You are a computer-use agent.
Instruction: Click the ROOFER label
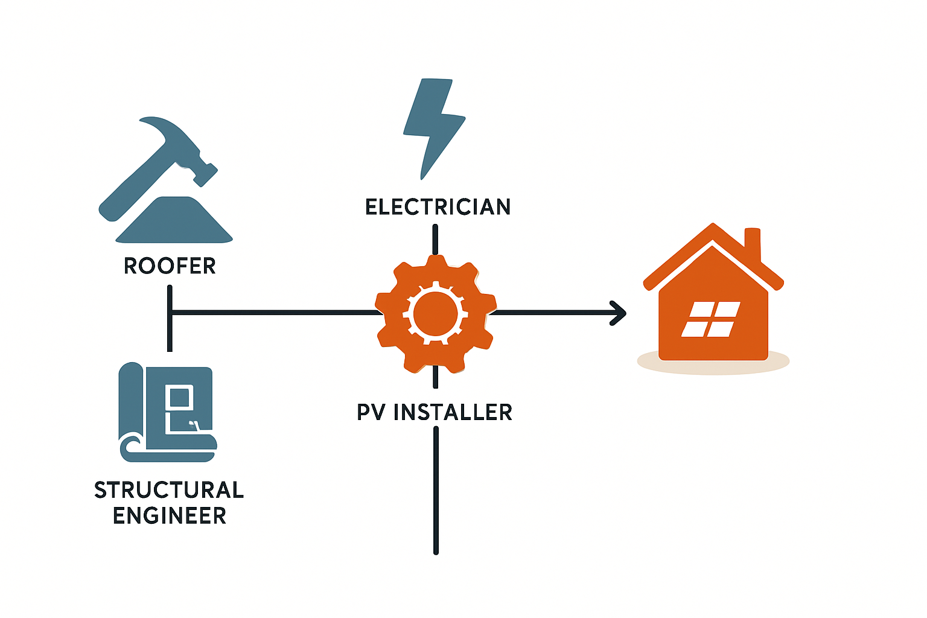pos(170,266)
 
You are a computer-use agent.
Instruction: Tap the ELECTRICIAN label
pos(438,207)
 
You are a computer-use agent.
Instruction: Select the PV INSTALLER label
pos(435,412)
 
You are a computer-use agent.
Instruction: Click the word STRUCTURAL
pos(169,490)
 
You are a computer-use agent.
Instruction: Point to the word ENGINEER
pos(170,516)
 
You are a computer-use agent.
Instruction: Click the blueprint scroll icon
pos(166,413)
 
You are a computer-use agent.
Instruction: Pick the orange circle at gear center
pos(436,313)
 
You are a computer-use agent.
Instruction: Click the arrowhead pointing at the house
pos(619,313)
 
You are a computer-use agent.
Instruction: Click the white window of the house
pos(711,319)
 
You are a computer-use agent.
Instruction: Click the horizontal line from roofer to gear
pos(272,313)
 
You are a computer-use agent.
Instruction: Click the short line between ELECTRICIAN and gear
pos(435,237)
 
